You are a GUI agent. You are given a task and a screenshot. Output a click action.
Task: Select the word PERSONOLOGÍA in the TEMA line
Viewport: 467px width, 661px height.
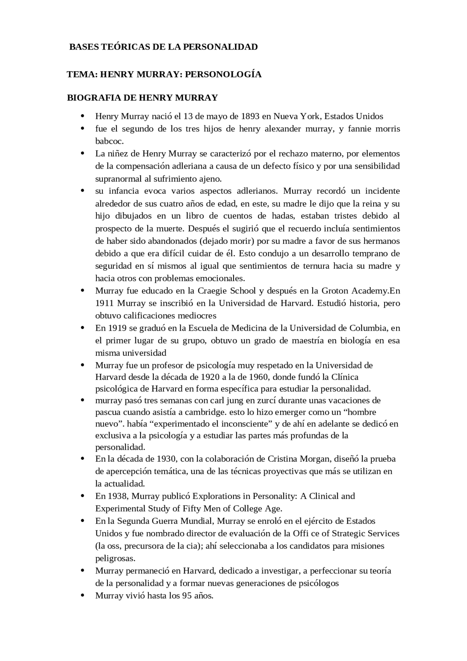223,74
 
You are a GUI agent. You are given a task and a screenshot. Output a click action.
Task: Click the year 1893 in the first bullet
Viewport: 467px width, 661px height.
250,116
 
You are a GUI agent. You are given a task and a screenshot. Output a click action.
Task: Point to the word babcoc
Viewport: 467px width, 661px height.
109,141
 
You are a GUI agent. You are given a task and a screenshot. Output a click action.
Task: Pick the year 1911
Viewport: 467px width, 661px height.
105,303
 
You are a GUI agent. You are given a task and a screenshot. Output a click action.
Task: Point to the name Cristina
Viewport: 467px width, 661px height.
282,459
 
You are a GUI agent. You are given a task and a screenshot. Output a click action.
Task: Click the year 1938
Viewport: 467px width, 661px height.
117,496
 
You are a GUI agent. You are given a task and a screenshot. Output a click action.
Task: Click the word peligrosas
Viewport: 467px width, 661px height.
115,558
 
